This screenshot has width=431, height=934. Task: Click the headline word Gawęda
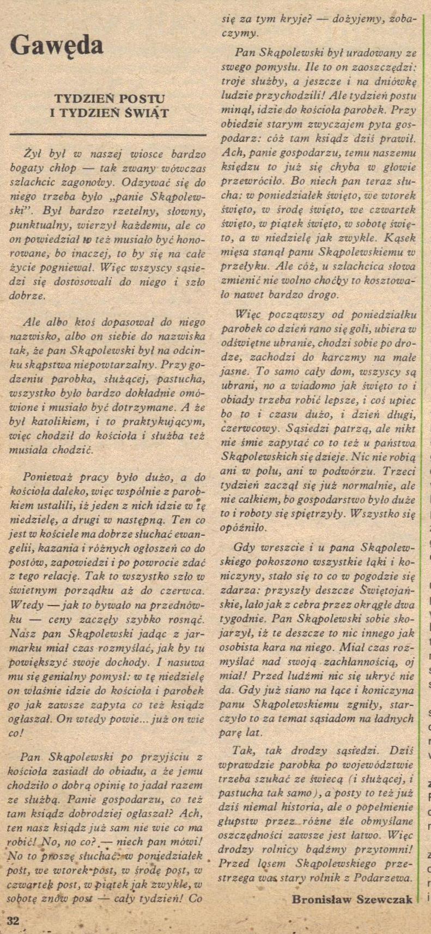(57, 46)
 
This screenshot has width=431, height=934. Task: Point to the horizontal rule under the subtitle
(108, 134)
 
